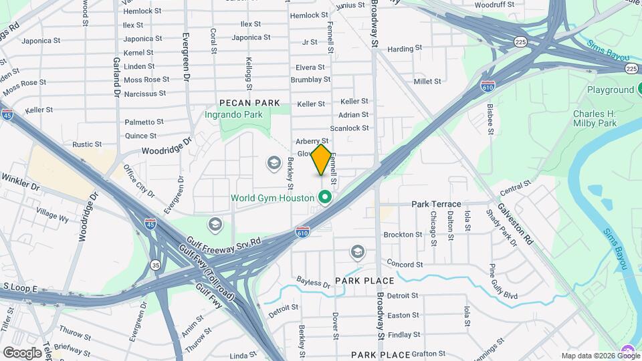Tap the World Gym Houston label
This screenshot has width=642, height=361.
[x=272, y=198]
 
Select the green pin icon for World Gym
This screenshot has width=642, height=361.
[x=326, y=197]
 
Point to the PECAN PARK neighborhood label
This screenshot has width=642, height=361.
[x=249, y=103]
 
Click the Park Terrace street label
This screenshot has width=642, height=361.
[x=436, y=204]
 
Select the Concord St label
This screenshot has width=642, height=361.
[x=405, y=265]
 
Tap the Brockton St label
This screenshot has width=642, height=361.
[x=403, y=235]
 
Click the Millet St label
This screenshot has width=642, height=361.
[x=427, y=82]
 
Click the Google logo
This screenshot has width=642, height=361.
[x=23, y=352]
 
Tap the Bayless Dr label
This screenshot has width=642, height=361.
[x=313, y=284]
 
